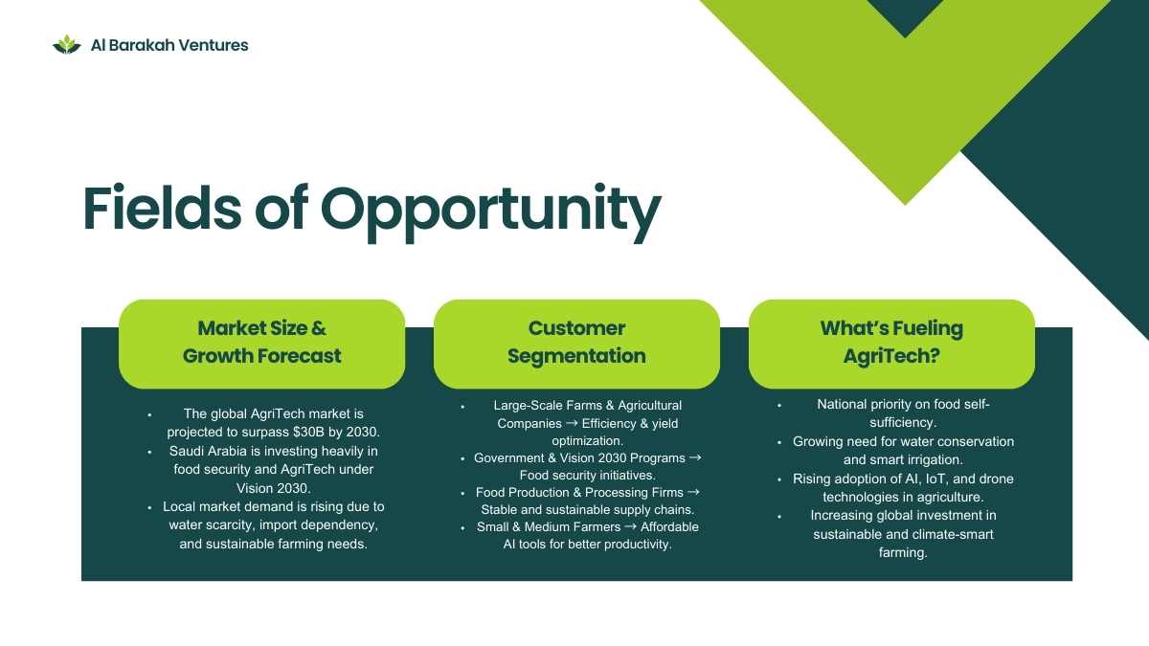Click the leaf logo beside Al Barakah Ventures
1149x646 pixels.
[67, 45]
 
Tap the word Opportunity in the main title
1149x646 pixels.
[491, 212]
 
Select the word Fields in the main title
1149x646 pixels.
[162, 207]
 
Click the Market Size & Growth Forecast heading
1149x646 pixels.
[261, 342]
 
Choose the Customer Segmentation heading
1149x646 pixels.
[576, 342]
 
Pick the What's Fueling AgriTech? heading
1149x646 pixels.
[891, 342]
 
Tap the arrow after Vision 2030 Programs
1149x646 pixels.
[695, 457]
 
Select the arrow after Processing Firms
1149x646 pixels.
[693, 492]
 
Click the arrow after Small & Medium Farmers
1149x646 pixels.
[630, 526]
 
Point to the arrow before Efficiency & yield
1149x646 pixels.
[572, 423]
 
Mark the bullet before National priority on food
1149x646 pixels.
[779, 405]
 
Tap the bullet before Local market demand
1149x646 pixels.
[149, 507]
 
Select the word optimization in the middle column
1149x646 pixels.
[587, 441]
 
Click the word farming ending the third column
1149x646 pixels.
[903, 553]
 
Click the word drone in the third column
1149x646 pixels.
[997, 479]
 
